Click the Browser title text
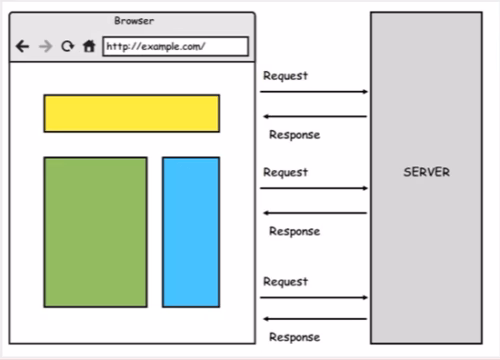click(x=133, y=20)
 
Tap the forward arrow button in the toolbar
click(x=45, y=46)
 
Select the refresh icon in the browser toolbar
click(x=67, y=46)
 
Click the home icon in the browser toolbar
click(x=89, y=46)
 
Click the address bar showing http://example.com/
click(x=175, y=46)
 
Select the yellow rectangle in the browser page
click(x=131, y=113)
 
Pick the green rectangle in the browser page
click(x=95, y=232)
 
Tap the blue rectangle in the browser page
click(x=191, y=232)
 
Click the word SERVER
click(x=427, y=172)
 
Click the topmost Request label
click(x=285, y=76)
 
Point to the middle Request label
click(x=285, y=172)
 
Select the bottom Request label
click(x=285, y=282)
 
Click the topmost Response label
click(x=294, y=135)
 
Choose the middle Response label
click(x=294, y=231)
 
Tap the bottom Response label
click(x=294, y=337)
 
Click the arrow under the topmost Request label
click(x=314, y=92)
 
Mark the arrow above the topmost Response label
click(x=314, y=117)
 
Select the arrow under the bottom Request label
click(x=314, y=298)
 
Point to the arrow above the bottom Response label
click(x=314, y=319)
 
